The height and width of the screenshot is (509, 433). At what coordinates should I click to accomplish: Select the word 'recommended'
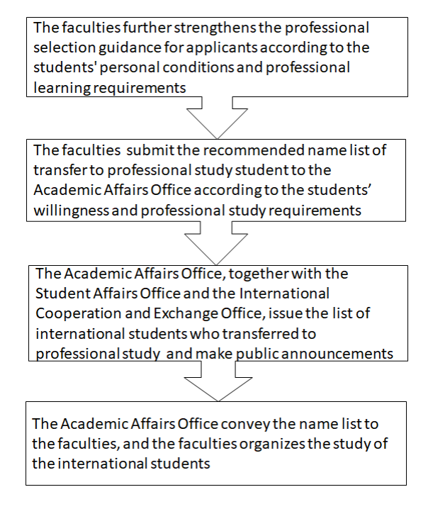point(217,150)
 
